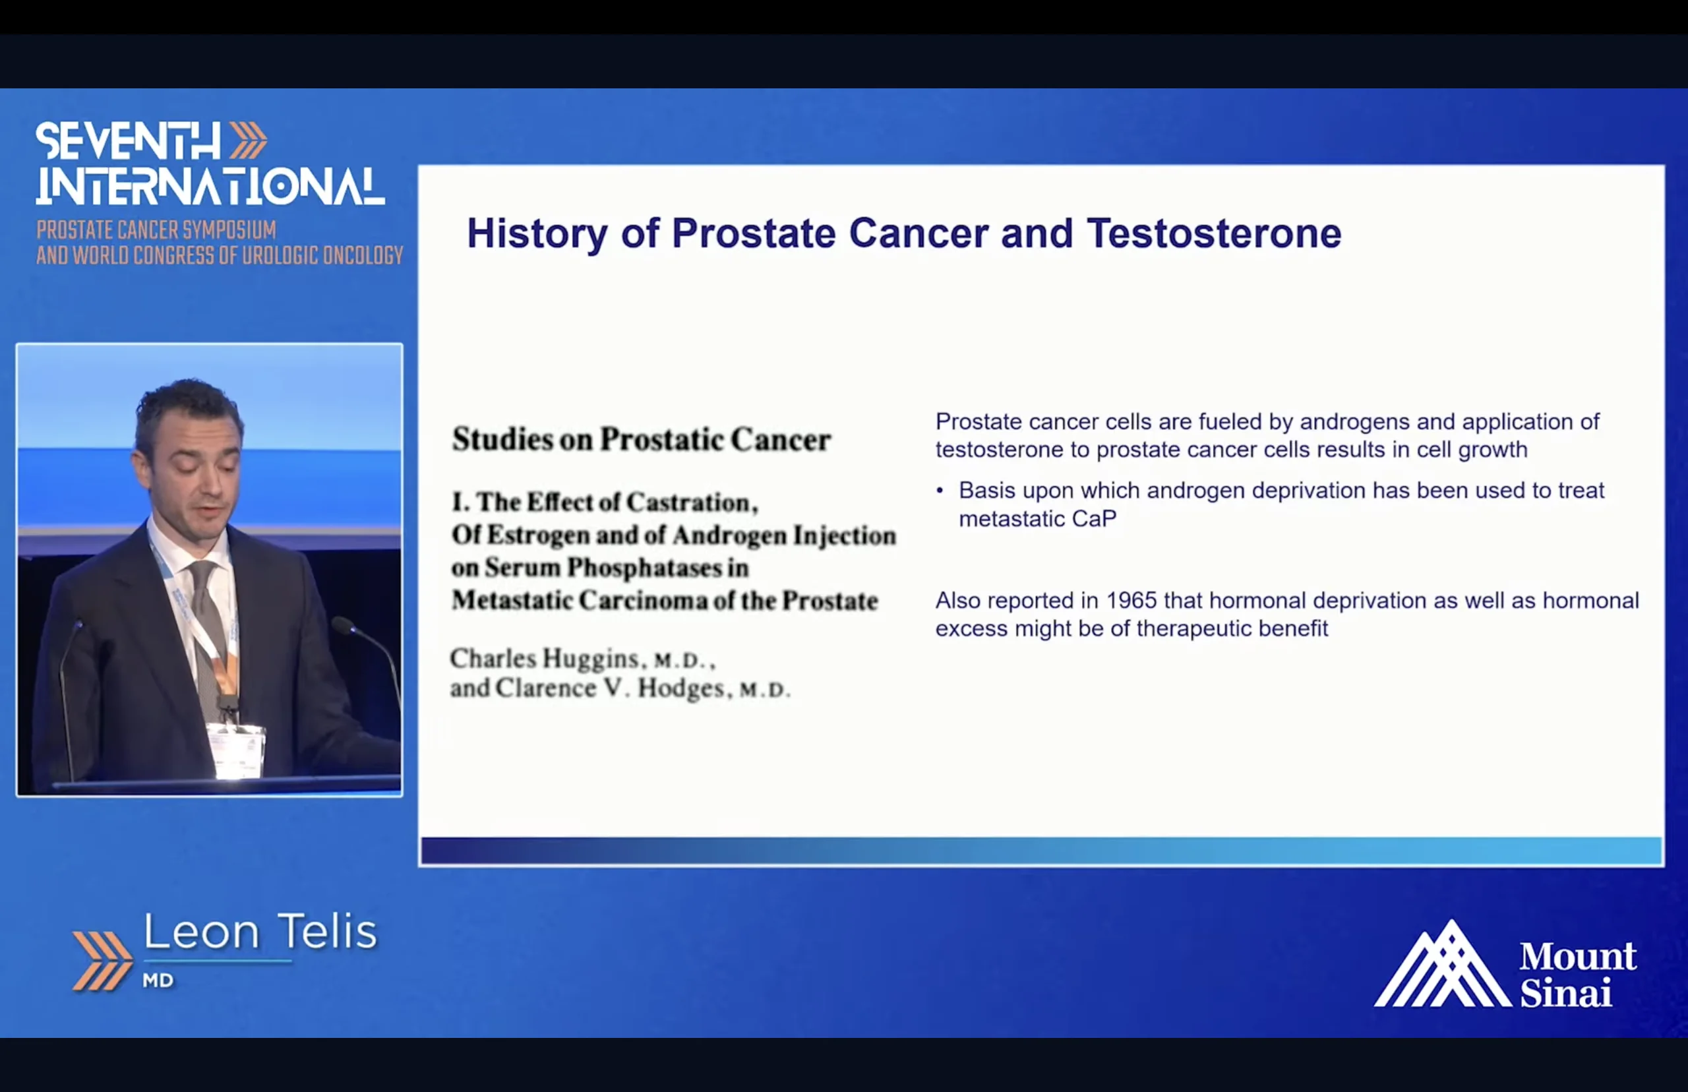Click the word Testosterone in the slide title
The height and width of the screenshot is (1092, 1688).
click(x=1214, y=233)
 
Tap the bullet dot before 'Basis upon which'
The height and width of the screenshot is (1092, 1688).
click(x=940, y=490)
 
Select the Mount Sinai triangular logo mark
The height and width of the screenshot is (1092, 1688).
click(x=1442, y=963)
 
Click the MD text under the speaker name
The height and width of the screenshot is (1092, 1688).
click(x=158, y=981)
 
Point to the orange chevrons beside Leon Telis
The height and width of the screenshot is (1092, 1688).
click(x=102, y=961)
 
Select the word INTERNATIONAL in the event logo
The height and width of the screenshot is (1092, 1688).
click(x=210, y=187)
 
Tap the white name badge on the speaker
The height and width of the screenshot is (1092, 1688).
click(x=236, y=750)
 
